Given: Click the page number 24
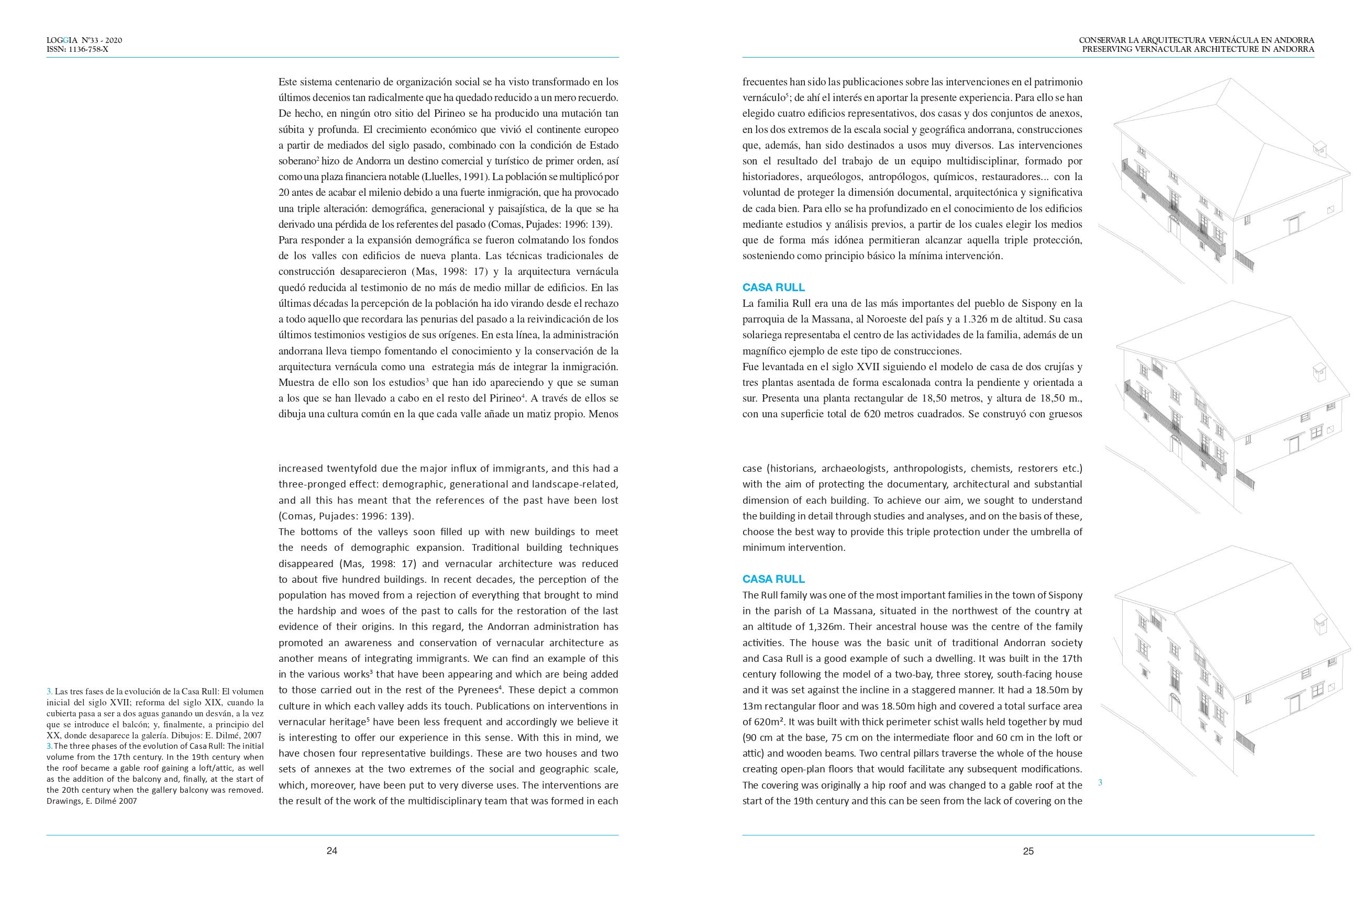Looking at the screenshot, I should (332, 851).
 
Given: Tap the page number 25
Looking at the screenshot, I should (1028, 851).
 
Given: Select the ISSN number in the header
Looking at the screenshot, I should (77, 49).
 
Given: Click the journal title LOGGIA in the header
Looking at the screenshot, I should (62, 40).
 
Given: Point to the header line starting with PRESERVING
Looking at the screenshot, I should (1198, 49).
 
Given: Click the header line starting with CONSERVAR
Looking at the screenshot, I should (1196, 40).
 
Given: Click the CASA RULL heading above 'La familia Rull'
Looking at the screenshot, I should (773, 287).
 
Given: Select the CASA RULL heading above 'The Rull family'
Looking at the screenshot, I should (773, 579).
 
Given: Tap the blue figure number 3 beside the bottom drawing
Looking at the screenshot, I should (1100, 782).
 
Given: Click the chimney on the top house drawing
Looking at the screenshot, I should (1319, 149).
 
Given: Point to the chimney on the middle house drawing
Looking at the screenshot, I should (1319, 372).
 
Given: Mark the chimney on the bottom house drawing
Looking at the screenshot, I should (1320, 623).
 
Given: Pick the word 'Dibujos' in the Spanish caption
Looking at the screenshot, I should (186, 735).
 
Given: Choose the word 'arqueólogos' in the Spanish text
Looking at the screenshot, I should (833, 177).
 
